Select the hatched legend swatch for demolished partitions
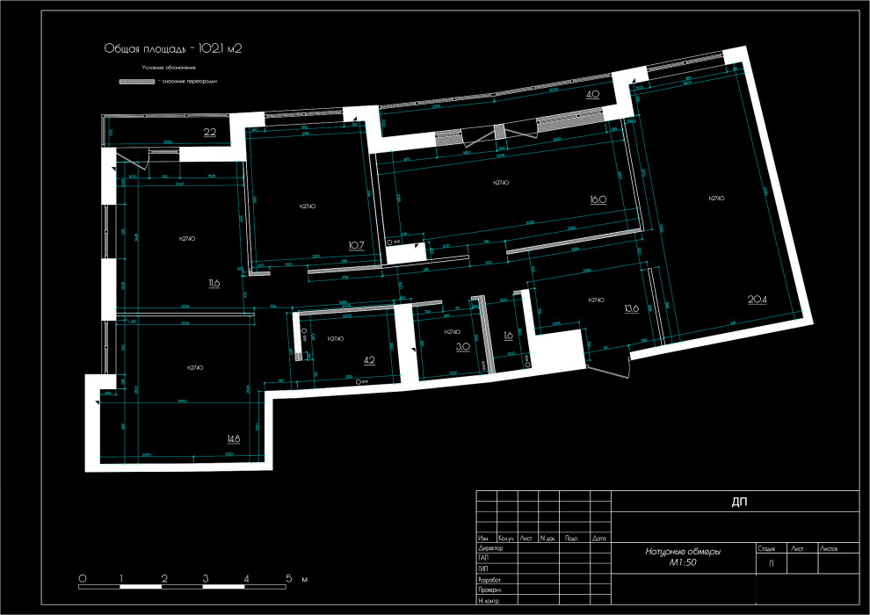coord(137,81)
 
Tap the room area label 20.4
coord(758,300)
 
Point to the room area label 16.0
coord(598,199)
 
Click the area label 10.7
coord(356,245)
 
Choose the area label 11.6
coord(214,283)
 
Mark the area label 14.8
coord(233,438)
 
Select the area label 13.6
coord(631,308)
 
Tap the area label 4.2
coord(369,359)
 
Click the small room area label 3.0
coord(462,347)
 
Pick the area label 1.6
coord(508,336)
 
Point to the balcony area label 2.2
coord(210,133)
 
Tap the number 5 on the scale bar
coord(288,579)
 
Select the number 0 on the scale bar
coord(82,579)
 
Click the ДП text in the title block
coord(739,503)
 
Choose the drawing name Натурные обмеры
coord(683,552)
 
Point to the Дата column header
coord(599,538)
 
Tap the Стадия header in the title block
coord(766,547)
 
